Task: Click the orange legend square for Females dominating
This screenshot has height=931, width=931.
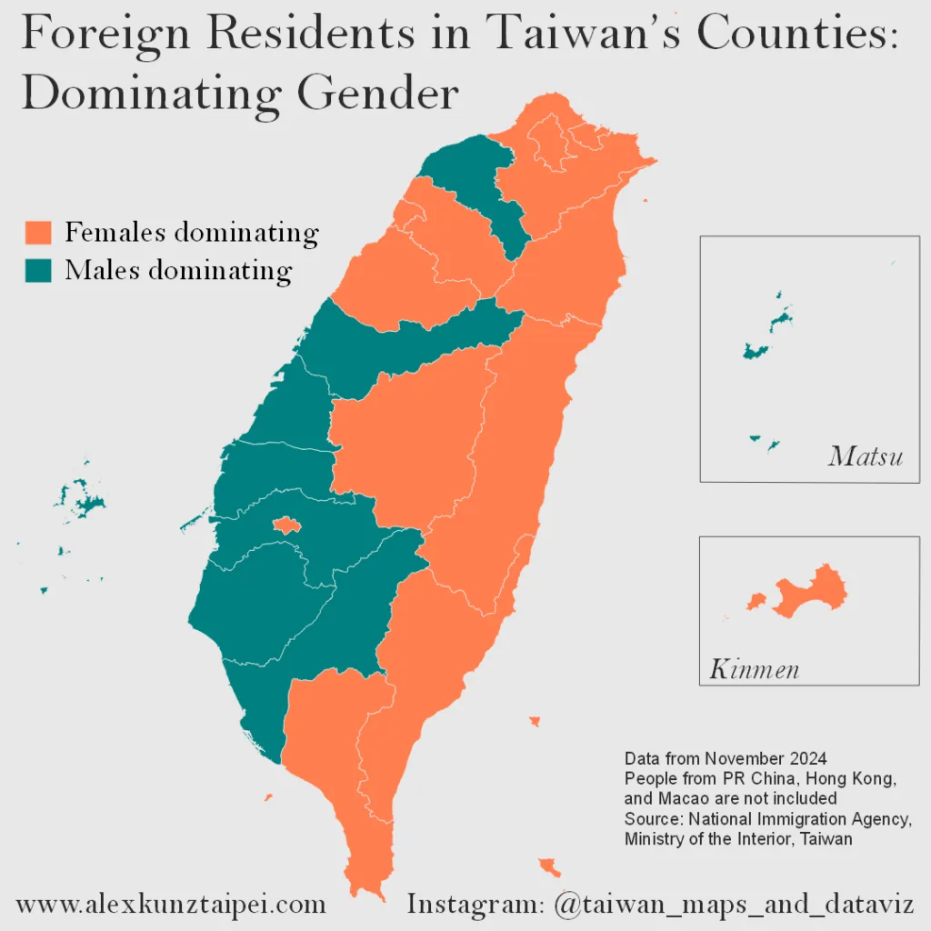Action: click(38, 232)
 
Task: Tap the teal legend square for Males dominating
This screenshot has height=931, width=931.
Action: click(38, 270)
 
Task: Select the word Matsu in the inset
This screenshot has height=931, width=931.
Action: click(865, 456)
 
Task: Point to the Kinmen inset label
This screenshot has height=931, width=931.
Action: click(754, 671)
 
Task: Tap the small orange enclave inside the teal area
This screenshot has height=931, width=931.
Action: click(286, 525)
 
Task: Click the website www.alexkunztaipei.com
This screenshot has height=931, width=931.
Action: click(171, 905)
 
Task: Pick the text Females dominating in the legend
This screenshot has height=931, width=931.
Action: click(192, 232)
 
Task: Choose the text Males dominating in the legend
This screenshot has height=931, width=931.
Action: click(178, 270)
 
